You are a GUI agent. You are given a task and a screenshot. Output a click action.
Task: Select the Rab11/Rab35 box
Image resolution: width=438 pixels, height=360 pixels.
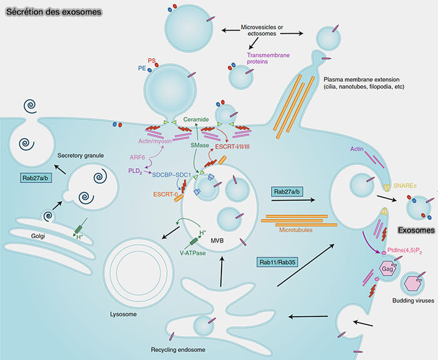(281, 263)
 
